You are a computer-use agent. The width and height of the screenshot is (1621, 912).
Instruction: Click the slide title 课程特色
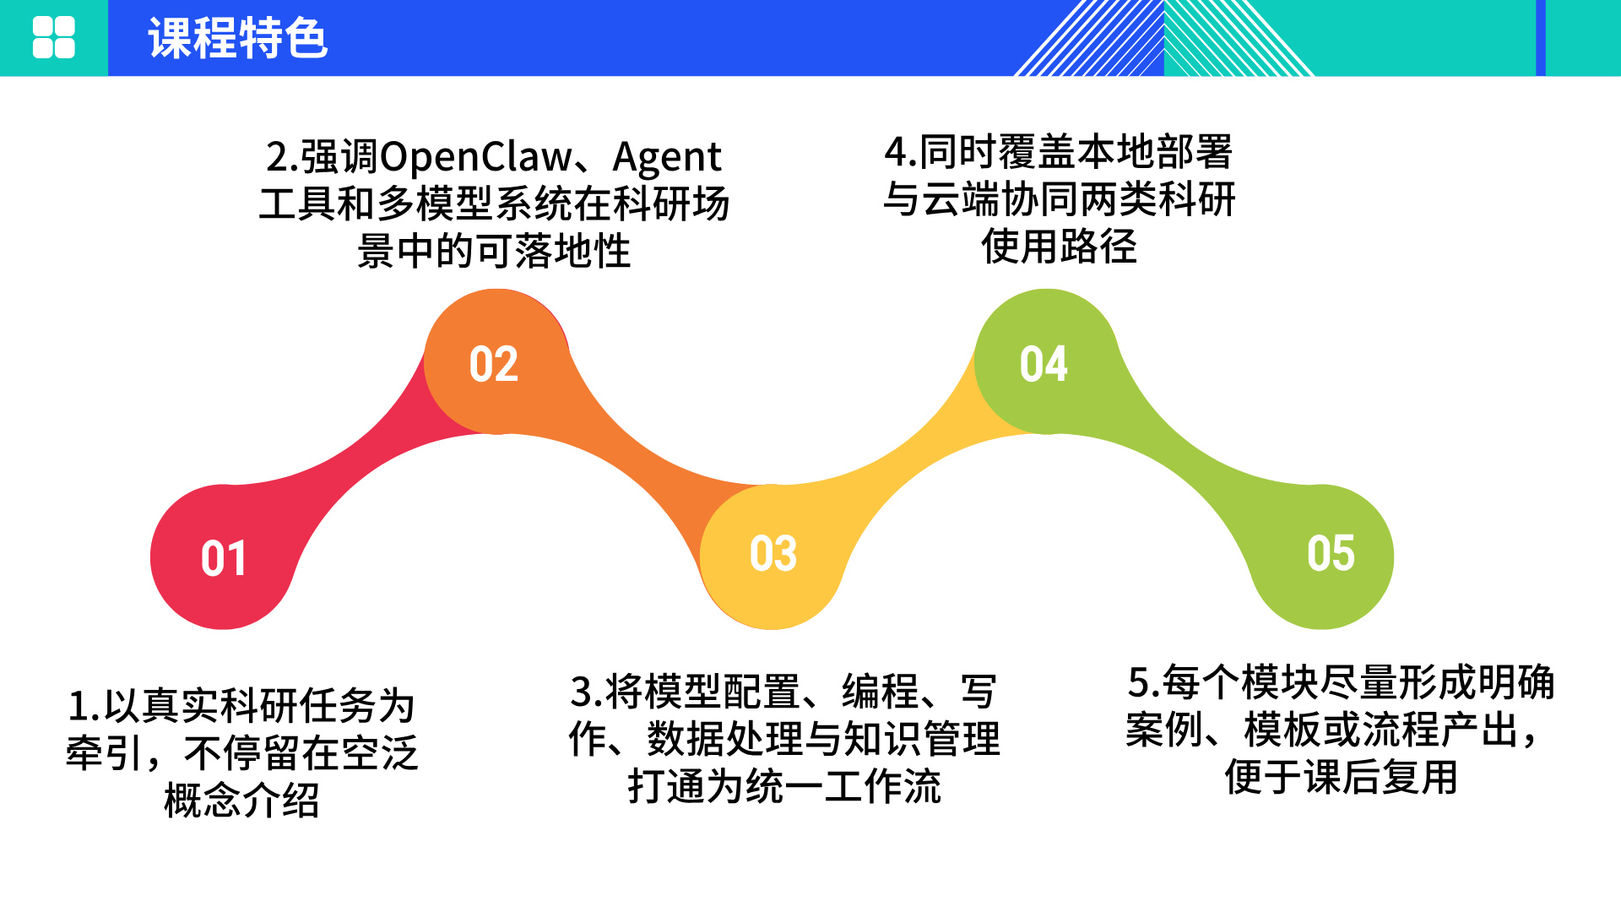pos(237,38)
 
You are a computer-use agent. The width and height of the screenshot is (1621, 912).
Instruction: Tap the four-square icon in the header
pos(53,38)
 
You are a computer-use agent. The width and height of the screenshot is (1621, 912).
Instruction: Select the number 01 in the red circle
pos(224,558)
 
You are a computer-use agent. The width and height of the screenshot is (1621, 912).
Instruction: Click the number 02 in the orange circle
pos(494,364)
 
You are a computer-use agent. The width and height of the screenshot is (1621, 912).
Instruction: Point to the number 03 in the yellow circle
pos(773,554)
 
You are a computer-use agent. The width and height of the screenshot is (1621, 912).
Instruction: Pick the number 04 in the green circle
pos(1044,364)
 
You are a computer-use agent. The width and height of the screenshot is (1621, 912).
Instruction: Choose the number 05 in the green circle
pos(1331,554)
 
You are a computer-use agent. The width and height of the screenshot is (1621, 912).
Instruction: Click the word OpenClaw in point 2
pos(476,157)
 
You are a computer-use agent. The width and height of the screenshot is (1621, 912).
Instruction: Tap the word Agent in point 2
pos(667,157)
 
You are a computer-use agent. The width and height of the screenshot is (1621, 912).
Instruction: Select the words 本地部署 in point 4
pos(1155,152)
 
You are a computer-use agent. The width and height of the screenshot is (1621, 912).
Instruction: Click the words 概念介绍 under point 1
pos(242,801)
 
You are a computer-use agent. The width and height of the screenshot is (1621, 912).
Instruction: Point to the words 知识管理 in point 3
pos(922,739)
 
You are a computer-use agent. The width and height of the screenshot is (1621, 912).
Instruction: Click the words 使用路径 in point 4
pos(1059,247)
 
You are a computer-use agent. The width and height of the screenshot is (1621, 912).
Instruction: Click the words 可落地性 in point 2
pos(553,251)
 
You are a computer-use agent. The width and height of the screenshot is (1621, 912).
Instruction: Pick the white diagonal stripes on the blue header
pos(1089,38)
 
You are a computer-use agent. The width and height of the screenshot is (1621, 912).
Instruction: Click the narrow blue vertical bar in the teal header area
pos(1540,38)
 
